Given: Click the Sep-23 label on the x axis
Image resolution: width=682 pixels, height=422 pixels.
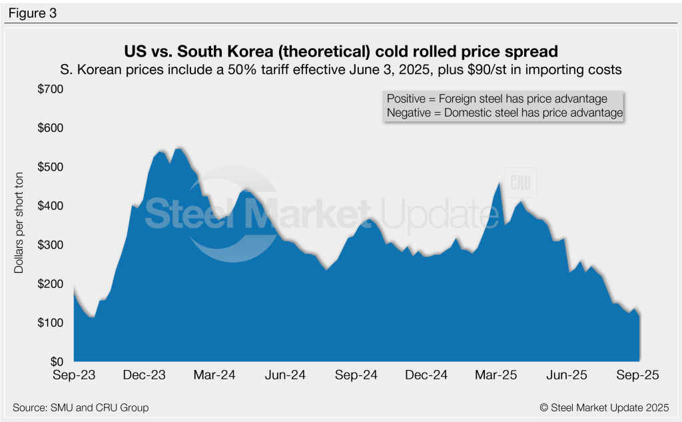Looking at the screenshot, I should click(x=75, y=375).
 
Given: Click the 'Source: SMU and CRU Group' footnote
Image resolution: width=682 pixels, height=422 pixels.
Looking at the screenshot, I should click(x=81, y=407).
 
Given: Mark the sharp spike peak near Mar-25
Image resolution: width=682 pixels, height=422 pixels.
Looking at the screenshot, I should click(x=500, y=183).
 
